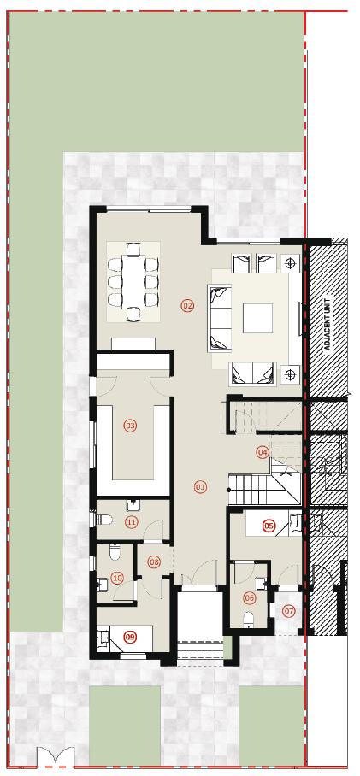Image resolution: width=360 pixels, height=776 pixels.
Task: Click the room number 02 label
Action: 187,305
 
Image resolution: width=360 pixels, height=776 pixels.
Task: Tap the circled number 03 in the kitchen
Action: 130,425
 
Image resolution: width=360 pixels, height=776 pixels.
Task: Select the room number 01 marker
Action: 201,487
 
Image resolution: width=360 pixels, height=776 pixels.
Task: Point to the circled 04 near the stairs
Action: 263,452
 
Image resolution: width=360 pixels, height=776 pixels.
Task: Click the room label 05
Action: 269,526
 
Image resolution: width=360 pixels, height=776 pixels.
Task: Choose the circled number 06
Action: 250,598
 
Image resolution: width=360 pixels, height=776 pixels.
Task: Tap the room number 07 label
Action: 289,611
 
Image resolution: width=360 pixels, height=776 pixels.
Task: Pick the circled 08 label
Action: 155,561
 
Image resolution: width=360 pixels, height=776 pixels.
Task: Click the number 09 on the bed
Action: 130,636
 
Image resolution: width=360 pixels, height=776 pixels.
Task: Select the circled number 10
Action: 118,578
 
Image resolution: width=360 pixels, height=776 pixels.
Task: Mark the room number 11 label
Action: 131,521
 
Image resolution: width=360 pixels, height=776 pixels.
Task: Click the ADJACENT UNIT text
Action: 327,324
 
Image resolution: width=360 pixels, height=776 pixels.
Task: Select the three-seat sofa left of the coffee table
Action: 219,318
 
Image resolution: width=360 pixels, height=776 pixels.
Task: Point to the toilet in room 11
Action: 103,519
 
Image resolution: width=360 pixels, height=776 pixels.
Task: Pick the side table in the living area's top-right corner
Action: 292,264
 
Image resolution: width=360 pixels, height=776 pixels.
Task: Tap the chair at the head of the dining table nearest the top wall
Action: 133,250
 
